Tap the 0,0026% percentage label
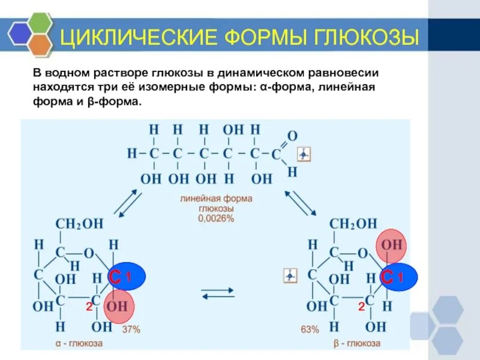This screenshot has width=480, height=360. click(216, 219)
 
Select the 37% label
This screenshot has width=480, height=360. click(131, 329)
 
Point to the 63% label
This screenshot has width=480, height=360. click(310, 329)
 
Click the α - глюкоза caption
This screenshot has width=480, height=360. click(77, 344)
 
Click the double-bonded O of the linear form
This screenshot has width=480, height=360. click(292, 136)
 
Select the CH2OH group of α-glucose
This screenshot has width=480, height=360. click(79, 224)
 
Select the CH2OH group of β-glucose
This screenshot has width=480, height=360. click(354, 224)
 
